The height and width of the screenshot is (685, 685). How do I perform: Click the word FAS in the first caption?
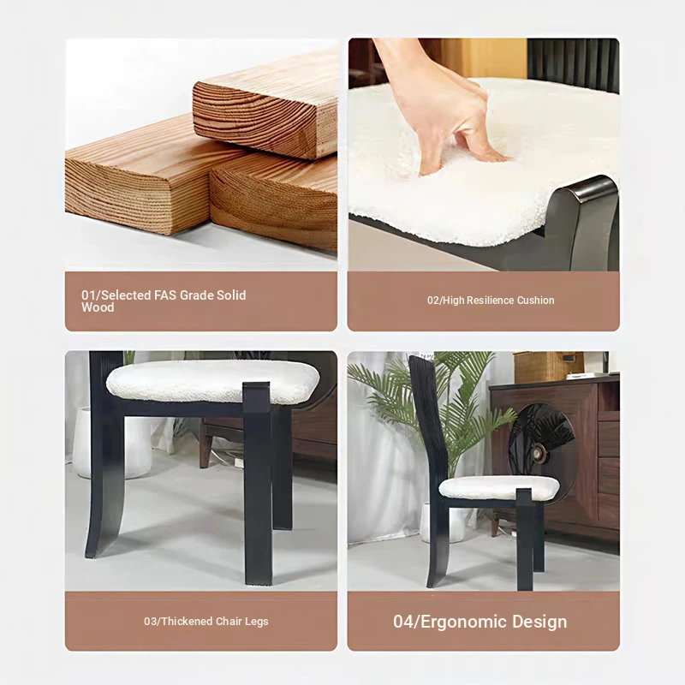click(164, 295)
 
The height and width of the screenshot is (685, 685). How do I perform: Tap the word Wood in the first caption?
click(98, 307)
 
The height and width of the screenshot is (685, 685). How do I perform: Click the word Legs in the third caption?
click(256, 622)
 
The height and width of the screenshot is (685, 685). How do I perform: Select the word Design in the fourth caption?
click(539, 622)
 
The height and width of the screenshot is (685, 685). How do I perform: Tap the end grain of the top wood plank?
click(258, 117)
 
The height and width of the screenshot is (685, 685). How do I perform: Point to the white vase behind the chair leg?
click(111, 442)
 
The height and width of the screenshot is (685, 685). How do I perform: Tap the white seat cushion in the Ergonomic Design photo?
click(499, 487)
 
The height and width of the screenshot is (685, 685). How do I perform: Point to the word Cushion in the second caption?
click(536, 301)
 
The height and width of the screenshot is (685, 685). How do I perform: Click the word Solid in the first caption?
click(231, 295)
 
